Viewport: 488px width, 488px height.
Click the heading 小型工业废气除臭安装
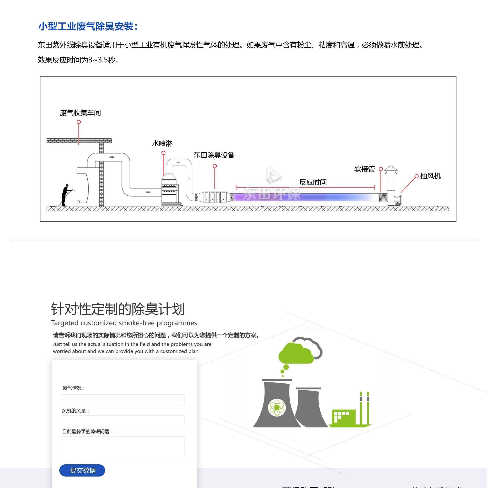tap(88, 26)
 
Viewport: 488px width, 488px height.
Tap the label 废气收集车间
tap(80, 113)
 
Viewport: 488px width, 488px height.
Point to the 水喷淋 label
tap(162, 143)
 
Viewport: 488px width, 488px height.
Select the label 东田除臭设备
tap(214, 155)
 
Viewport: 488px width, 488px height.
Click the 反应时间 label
tap(313, 182)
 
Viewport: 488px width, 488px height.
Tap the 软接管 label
tap(364, 169)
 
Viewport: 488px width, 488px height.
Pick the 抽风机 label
tap(430, 176)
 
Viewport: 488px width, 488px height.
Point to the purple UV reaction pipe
tap(303, 197)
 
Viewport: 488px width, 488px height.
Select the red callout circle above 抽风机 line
tap(417, 176)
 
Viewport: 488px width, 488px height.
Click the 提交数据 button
tap(82, 470)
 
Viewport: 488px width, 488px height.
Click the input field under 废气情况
tap(123, 400)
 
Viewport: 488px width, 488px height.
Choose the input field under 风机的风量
tap(123, 421)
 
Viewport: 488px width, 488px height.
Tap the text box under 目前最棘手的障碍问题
tap(123, 446)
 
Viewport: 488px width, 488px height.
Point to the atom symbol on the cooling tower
tap(277, 407)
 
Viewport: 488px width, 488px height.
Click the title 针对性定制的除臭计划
tap(118, 309)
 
